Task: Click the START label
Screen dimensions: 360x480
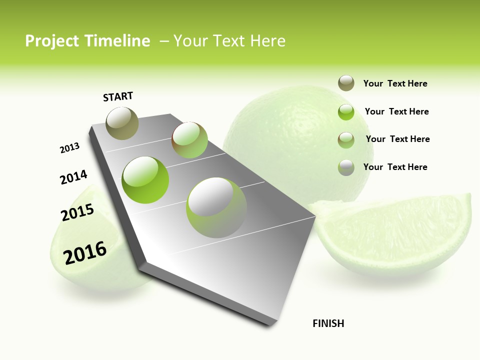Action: click(118, 96)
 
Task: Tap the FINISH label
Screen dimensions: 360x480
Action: click(328, 323)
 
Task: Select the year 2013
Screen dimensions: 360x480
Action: click(70, 148)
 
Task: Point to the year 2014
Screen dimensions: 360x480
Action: click(74, 177)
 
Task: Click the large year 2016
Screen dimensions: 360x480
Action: click(85, 252)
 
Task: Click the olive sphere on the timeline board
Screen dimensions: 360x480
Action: click(122, 123)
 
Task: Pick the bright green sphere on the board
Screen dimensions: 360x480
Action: click(145, 179)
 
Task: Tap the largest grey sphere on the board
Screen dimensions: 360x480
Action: click(216, 207)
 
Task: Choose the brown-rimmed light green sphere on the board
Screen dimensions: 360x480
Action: click(189, 140)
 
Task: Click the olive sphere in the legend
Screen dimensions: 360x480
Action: click(346, 83)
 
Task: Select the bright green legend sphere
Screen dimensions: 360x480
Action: click(346, 112)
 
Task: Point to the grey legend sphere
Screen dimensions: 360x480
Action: click(346, 167)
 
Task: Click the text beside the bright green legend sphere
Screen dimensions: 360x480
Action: click(397, 111)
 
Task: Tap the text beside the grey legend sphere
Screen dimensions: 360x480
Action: click(395, 167)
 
